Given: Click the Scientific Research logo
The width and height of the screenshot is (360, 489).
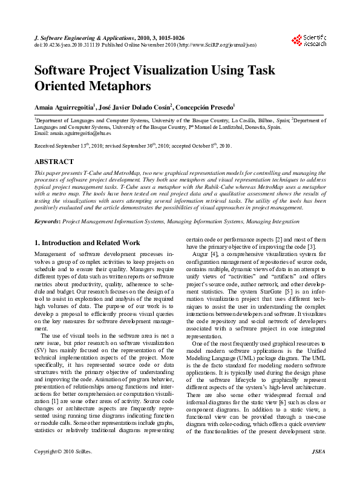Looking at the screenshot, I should (309, 41).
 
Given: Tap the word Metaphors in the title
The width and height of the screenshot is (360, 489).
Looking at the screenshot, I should (116, 86).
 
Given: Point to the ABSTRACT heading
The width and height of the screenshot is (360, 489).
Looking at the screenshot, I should (54, 162).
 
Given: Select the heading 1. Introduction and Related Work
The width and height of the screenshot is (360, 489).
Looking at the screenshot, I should (87, 243).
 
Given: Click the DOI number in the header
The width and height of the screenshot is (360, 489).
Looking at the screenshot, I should (67, 45).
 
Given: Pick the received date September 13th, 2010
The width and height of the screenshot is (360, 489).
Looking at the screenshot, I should (73, 146).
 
